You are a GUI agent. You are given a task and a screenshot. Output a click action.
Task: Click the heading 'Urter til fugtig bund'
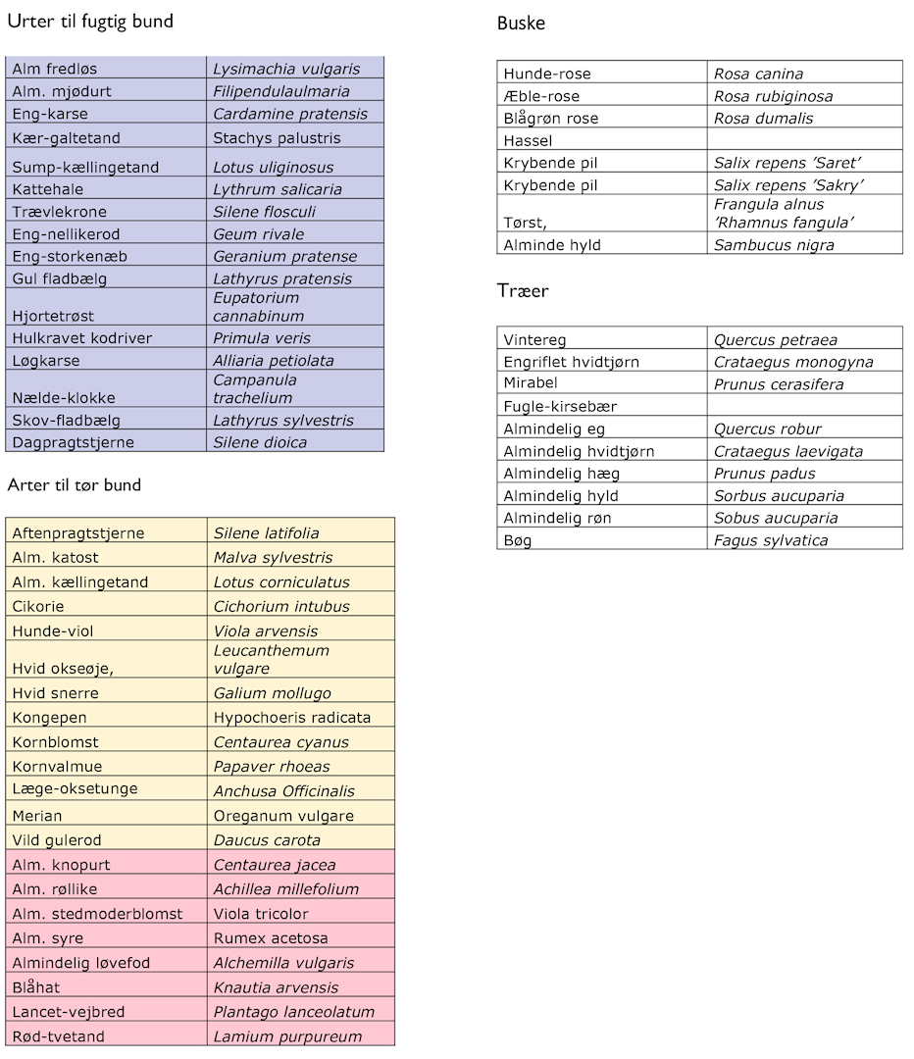coord(90,21)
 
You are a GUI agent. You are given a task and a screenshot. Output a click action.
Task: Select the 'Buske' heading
coord(521,24)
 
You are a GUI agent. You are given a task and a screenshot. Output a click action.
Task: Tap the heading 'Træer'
coord(523,291)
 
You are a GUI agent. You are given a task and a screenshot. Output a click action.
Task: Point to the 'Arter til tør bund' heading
coord(75,485)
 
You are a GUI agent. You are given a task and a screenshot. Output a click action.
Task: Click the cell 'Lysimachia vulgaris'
coord(286,69)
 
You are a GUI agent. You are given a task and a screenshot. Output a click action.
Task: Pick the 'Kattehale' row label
coord(48,189)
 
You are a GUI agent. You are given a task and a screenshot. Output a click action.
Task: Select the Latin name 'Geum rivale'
coord(259,234)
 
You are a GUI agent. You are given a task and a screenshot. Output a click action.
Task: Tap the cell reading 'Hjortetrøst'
coord(53,316)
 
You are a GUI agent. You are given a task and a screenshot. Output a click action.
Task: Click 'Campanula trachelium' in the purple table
coord(255,388)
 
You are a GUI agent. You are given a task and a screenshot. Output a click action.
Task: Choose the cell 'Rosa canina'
coord(758,74)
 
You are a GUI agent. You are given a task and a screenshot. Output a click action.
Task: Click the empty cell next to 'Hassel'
coord(804,140)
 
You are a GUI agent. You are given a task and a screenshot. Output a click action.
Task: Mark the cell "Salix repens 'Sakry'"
coord(787,185)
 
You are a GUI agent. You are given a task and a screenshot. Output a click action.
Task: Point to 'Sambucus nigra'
coord(774,245)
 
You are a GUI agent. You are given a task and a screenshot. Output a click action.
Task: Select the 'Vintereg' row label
coord(535,340)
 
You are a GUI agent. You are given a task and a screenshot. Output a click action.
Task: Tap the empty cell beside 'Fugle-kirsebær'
coord(804,406)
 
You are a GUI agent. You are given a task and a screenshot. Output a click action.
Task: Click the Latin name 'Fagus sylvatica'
coord(771,540)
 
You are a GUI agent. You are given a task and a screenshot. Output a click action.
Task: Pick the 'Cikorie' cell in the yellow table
coord(38,606)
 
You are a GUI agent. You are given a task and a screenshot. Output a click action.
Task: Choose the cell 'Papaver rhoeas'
coord(272,767)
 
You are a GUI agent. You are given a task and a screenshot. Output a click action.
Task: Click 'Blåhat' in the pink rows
coord(38,987)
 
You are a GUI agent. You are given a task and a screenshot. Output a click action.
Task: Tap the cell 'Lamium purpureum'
coord(287,1036)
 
